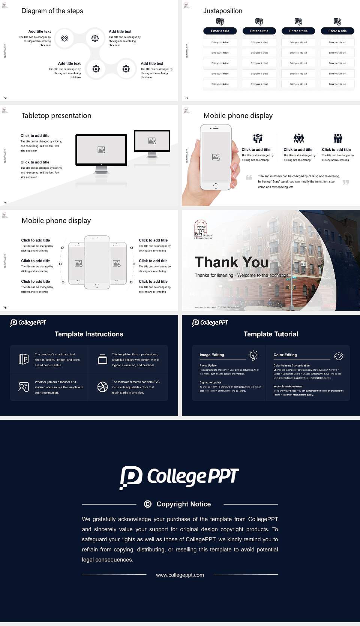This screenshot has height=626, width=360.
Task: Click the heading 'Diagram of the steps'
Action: point(52,11)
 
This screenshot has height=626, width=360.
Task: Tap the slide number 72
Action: point(5,97)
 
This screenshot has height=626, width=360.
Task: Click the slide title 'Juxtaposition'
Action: point(222,11)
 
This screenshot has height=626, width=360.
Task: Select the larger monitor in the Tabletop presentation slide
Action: point(101,150)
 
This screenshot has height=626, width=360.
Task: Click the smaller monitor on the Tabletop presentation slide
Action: point(152,141)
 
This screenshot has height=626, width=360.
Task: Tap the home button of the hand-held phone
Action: point(215,186)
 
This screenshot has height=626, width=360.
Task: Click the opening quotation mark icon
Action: point(249,177)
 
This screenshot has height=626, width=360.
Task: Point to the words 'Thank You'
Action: point(232,262)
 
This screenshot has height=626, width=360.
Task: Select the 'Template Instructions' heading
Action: point(89,334)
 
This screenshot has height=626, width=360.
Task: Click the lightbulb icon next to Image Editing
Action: point(253,355)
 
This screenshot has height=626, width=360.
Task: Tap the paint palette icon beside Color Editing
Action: point(338,356)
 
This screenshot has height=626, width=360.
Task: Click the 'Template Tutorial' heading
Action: point(271,334)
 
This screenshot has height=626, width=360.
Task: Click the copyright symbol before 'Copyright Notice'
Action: point(148,504)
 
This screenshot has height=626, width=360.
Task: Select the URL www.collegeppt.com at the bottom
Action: point(180,575)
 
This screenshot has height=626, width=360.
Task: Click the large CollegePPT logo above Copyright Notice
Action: point(179,477)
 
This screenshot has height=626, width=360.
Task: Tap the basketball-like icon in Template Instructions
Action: point(102,387)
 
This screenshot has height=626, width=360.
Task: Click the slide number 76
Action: point(5,307)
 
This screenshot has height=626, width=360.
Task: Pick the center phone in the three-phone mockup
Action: point(97,262)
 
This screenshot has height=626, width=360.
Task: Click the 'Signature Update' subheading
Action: point(210,382)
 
